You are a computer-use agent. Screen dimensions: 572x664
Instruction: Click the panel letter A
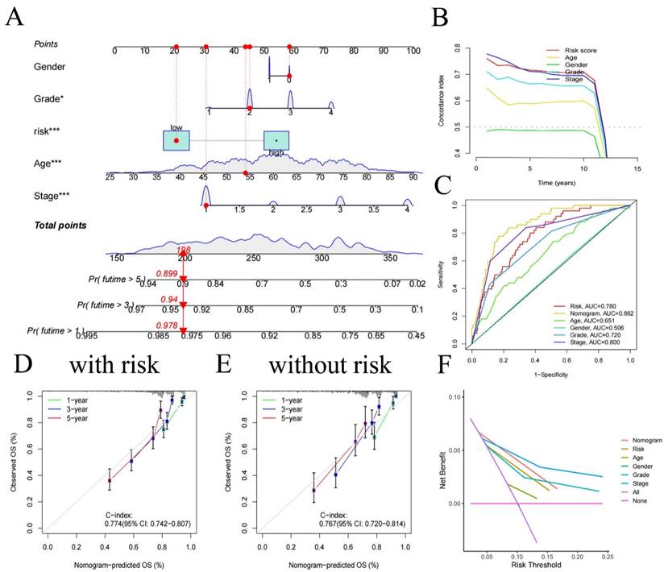click(x=15, y=17)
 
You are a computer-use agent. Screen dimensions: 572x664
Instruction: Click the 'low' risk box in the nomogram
click(x=176, y=140)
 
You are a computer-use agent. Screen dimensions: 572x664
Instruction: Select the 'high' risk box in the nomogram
click(x=276, y=141)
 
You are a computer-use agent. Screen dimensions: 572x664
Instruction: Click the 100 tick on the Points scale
click(x=413, y=50)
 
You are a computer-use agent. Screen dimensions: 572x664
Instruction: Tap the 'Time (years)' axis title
click(x=548, y=184)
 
